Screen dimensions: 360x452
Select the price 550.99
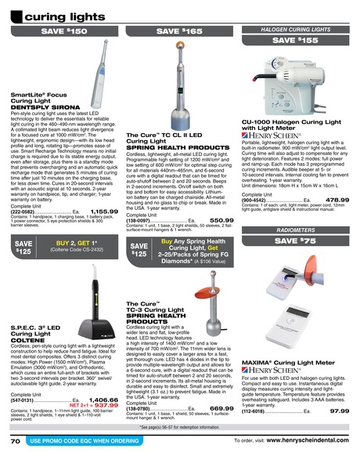tap(221, 221)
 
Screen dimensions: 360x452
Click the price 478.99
tap(337, 200)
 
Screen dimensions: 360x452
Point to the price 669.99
tap(221, 408)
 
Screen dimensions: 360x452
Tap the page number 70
tap(15, 442)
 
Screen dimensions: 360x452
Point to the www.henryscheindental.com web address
tap(308, 442)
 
